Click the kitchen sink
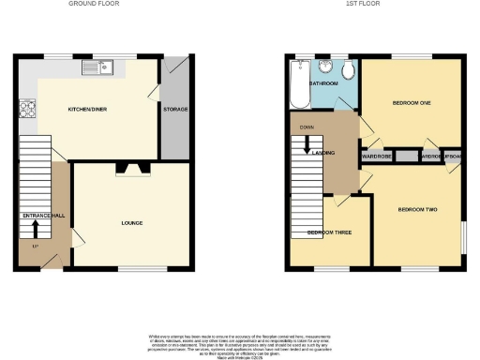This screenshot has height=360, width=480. coord(97,67)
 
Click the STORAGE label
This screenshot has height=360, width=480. coord(175,109)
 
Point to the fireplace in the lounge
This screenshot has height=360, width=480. coord(130,170)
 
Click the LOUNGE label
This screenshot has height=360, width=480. coord(130,223)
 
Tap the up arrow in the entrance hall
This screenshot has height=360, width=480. coord(36,228)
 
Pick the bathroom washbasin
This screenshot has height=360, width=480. coord(324,67)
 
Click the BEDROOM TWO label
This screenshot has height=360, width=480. coord(417,208)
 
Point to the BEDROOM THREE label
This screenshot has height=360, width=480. coord(329,231)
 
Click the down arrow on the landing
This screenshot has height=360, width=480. coord(305,148)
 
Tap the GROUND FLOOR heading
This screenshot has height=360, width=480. coord(94,5)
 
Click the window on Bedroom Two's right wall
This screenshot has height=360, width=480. coord(464,236)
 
